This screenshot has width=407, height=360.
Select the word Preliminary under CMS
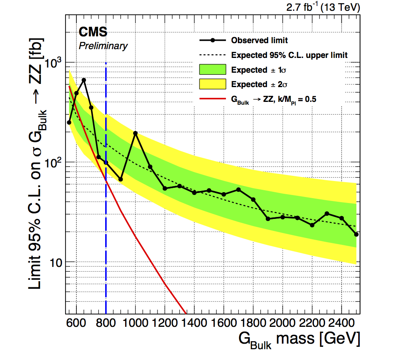click(x=103, y=46)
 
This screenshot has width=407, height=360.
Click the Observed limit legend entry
click(x=259, y=40)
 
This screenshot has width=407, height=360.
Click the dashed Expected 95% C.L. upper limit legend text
click(x=289, y=55)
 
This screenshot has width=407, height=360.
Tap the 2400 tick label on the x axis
click(x=341, y=322)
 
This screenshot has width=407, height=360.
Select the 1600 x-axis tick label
click(x=223, y=322)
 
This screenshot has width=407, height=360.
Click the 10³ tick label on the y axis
click(x=54, y=63)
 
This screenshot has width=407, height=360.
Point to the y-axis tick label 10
click(x=56, y=262)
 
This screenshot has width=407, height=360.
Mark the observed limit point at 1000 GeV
click(x=136, y=133)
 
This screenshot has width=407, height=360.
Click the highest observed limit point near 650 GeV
click(x=84, y=80)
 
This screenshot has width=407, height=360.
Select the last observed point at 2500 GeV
click(x=356, y=235)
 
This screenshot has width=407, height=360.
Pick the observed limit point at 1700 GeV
click(x=239, y=189)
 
